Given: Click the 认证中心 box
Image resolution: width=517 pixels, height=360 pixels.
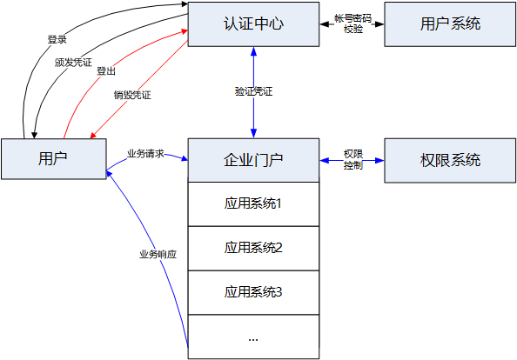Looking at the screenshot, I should point(253,23).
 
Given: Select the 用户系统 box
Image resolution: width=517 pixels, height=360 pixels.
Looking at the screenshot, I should point(450,23).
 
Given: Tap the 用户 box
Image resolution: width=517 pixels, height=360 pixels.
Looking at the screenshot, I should point(53,158).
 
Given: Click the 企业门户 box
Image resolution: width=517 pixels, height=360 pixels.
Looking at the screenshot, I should point(253,160).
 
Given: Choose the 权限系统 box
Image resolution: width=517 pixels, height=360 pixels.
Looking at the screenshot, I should point(450,160).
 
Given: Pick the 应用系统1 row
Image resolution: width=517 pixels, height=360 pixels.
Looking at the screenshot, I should point(253,204).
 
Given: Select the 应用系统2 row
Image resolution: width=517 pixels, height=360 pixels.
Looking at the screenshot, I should point(253,248).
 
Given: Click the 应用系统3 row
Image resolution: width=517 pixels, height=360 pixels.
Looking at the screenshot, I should point(253,292).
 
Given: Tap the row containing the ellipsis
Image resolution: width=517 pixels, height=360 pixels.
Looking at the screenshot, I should point(253,337).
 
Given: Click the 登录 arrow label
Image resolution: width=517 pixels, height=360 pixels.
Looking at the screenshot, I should point(57,40).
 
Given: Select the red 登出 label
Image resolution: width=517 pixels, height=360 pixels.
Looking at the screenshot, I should point(106,71).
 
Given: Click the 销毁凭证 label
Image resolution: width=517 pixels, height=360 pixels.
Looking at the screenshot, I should point(132,94).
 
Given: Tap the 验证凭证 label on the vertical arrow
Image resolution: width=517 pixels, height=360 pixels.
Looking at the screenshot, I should point(253,91).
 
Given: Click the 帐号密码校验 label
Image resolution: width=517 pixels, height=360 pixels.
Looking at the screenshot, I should point(352,23).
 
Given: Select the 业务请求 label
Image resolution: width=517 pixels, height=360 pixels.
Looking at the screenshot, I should point(145,153).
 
